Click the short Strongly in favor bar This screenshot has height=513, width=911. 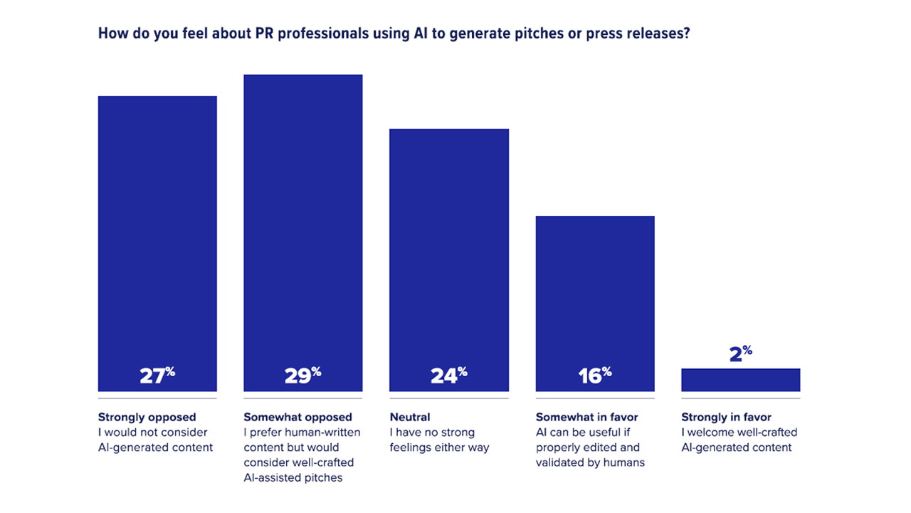tap(740, 380)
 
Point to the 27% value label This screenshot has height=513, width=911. tap(157, 375)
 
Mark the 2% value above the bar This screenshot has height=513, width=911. tap(740, 353)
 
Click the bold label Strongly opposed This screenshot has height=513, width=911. tap(147, 417)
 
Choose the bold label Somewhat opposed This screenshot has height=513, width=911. tap(297, 417)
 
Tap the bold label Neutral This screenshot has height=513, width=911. tap(410, 417)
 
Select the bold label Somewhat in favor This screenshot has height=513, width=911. tap(587, 417)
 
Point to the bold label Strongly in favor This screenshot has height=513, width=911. tap(726, 417)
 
